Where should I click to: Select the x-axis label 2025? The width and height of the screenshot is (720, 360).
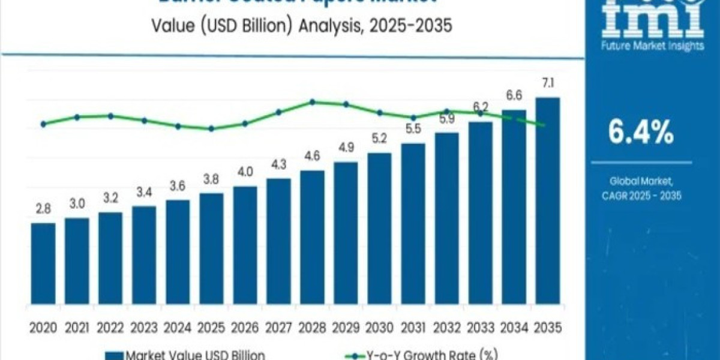click(211, 328)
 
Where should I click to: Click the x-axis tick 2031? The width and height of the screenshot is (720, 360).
click(413, 328)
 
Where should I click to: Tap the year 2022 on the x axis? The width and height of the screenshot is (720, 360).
click(110, 328)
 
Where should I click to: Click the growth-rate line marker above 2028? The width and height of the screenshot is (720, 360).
click(312, 102)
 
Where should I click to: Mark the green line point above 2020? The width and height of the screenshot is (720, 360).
click(43, 124)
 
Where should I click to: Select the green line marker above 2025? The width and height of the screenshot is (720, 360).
click(211, 128)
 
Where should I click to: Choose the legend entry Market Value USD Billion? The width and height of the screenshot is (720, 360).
click(186, 355)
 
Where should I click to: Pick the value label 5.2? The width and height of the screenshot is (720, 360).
click(379, 139)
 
